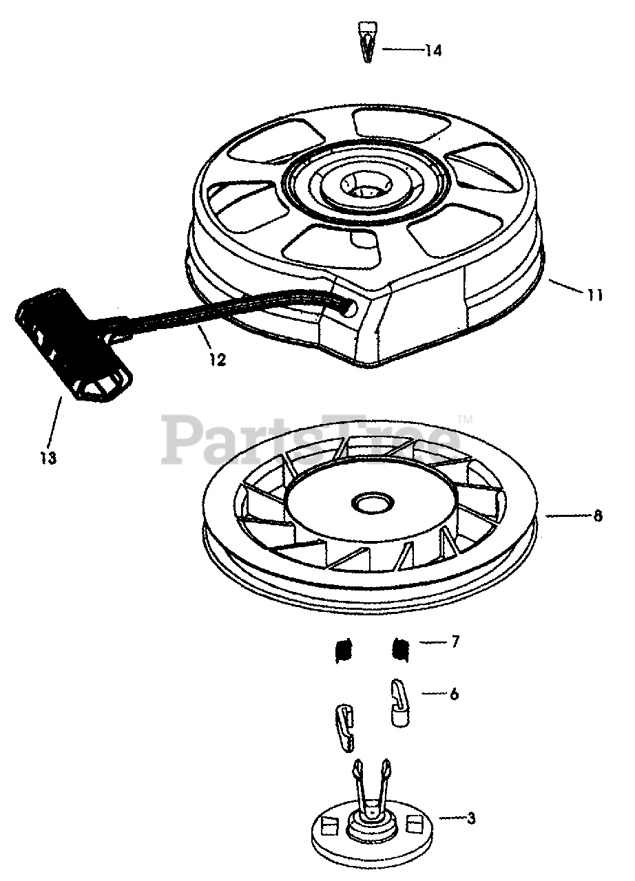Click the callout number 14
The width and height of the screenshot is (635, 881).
(433, 51)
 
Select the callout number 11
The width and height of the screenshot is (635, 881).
(595, 296)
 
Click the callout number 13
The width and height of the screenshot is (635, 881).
(48, 457)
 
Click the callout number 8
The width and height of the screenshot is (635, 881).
(598, 516)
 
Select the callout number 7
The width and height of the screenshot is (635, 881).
(455, 642)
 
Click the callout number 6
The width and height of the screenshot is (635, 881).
(454, 694)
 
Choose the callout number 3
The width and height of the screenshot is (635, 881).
(471, 818)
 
